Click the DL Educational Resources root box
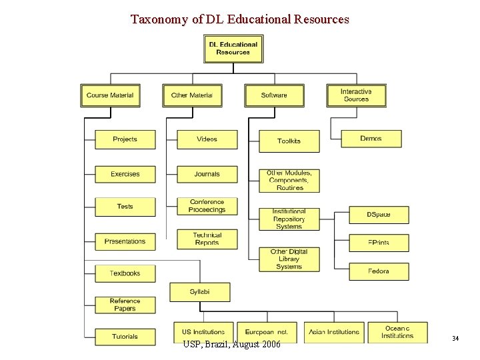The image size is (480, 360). point(233,49)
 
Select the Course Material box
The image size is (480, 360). point(110,95)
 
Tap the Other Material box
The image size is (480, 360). point(192,95)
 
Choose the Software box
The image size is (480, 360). point(274,95)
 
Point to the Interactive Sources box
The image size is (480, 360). point(356,95)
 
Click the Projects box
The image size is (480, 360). point(125,139)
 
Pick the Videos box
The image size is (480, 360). point(207,139)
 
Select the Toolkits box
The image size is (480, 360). point(289,141)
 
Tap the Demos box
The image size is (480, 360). point(371,139)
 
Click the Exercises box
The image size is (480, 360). point(125,174)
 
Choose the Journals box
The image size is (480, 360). point(207,174)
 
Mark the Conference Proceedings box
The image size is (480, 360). point(207,206)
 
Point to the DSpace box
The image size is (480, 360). point(379,215)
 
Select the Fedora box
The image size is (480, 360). point(379,271)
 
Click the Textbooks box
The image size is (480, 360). point(125,273)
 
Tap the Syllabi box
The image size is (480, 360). point(200,292)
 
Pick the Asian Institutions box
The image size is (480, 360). point(334,332)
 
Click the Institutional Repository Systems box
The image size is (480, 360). point(289,219)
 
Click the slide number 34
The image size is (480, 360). point(455,339)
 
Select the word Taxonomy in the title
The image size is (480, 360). point(159,19)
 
